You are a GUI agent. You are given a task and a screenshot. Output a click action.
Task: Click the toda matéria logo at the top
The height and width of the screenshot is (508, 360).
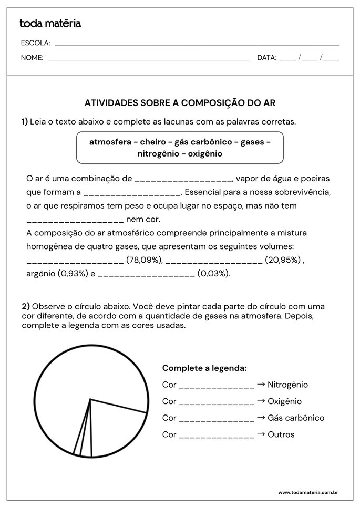50,23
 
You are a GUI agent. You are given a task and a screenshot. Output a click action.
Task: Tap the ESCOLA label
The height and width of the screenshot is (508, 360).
35,43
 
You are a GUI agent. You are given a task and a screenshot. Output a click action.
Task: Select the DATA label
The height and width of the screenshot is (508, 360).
266,58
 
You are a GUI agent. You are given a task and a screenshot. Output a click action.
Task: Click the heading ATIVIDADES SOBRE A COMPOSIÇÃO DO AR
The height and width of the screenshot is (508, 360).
180,103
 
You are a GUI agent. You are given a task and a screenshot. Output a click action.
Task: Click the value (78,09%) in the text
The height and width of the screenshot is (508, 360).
145,260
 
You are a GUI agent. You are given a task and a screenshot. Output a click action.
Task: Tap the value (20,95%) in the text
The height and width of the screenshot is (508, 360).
283,260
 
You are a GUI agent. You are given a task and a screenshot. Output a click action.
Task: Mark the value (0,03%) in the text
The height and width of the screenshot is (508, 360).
214,273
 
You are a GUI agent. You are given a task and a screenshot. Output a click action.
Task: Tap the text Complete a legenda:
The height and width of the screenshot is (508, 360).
204,368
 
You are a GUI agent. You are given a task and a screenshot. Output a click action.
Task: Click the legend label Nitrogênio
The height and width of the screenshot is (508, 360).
287,385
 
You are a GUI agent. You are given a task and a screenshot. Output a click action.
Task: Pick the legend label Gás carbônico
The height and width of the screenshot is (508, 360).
296,418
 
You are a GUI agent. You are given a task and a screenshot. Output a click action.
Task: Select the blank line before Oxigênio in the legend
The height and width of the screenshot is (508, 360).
217,404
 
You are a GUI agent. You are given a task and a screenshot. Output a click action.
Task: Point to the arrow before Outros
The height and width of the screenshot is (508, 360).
261,434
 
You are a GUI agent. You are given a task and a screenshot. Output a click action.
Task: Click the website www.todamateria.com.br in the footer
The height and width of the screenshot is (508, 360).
307,493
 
